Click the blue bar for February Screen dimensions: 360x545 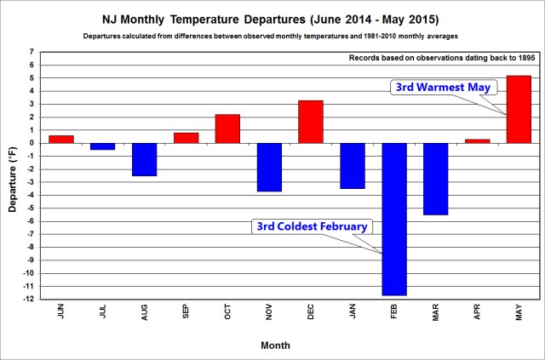coord(394,219)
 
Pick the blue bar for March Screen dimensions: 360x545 coord(436,179)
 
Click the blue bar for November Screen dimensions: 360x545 coord(269,167)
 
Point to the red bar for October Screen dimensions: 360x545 coord(227,129)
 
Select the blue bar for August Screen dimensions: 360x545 coord(144,159)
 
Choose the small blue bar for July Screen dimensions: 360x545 coord(102,146)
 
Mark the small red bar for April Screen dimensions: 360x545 coord(478,140)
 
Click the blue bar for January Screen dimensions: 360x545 coord(353,166)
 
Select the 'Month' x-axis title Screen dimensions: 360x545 coord(275,346)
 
